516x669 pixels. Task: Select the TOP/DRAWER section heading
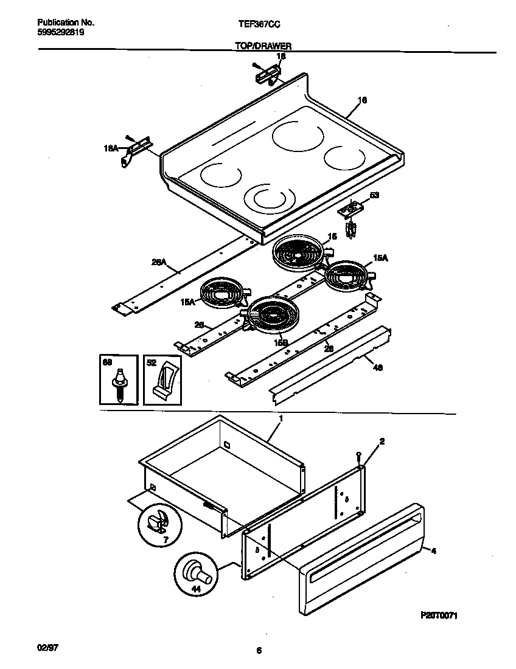[x=263, y=46]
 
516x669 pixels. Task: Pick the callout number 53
[x=374, y=196]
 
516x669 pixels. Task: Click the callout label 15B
[x=280, y=343]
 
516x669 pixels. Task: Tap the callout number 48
[x=377, y=367]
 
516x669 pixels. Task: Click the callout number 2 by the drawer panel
[x=382, y=441]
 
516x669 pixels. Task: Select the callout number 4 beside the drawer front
[x=433, y=551]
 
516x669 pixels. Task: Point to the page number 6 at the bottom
[x=259, y=651]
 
